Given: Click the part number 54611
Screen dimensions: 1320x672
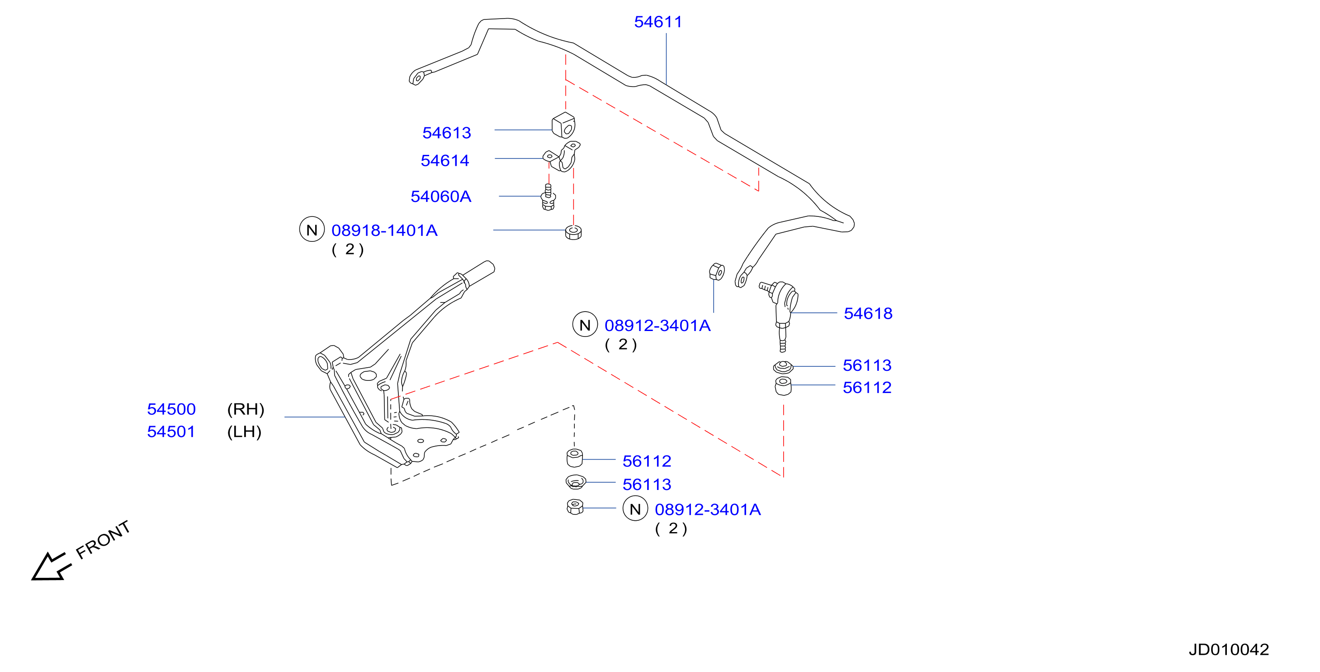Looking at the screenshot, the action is [x=658, y=22].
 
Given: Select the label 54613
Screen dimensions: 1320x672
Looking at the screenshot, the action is [x=446, y=133].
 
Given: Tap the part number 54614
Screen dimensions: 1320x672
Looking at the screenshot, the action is [x=445, y=161].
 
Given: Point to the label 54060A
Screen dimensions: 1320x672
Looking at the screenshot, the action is [x=441, y=197].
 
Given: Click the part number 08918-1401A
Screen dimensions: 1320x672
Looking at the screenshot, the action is [x=384, y=230].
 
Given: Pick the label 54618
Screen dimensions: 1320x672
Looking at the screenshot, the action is [x=868, y=313].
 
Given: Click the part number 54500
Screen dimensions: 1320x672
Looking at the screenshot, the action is [x=171, y=409].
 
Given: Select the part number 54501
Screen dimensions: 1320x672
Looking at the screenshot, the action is [x=171, y=432].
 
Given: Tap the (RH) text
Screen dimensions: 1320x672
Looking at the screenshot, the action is [x=246, y=409].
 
